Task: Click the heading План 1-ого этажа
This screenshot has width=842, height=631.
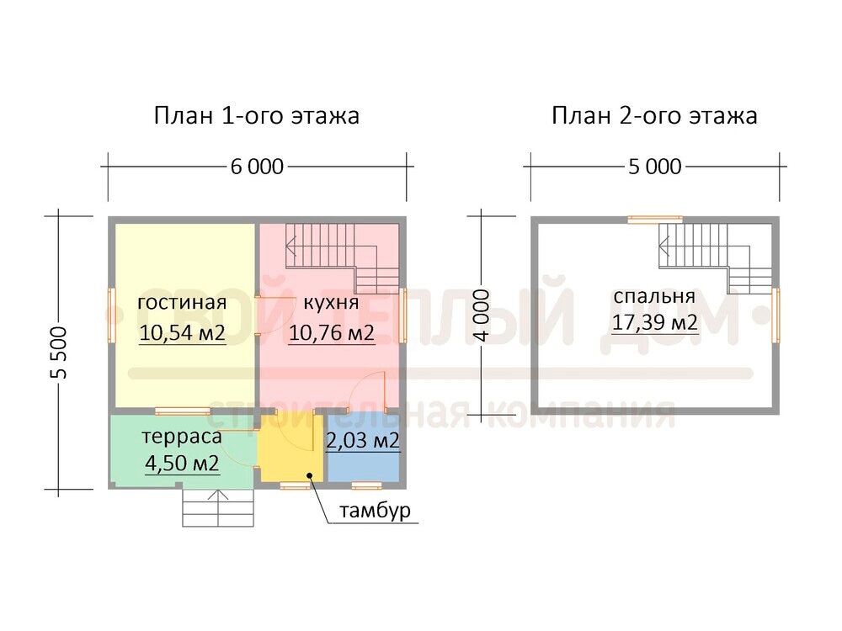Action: click(x=257, y=115)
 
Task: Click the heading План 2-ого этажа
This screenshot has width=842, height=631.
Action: click(x=654, y=115)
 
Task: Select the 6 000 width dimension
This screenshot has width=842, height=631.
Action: click(x=257, y=167)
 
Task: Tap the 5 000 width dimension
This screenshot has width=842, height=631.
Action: click(x=655, y=167)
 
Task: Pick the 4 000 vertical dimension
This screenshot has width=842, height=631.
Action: click(x=482, y=315)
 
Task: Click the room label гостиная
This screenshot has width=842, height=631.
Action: click(x=182, y=302)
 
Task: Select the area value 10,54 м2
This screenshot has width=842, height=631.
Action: click(x=182, y=332)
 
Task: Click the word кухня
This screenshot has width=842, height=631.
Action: click(x=331, y=303)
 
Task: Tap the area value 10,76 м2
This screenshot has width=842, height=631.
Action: click(x=331, y=332)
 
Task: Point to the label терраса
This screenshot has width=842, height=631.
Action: click(x=182, y=437)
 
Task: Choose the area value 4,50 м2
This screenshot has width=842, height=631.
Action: click(x=182, y=463)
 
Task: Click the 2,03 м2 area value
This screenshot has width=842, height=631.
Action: click(x=363, y=441)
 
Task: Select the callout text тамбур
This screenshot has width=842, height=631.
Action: click(x=375, y=511)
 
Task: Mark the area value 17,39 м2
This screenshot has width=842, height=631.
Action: click(x=655, y=322)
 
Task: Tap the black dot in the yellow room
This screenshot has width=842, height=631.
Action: click(x=311, y=475)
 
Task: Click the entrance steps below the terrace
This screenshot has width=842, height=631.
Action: click(x=218, y=507)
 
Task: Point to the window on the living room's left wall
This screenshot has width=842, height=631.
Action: click(x=112, y=315)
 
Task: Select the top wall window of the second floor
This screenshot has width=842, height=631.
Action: click(x=655, y=219)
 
